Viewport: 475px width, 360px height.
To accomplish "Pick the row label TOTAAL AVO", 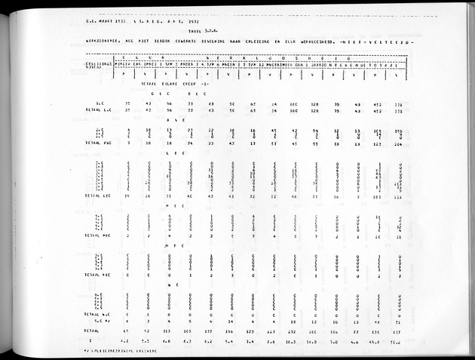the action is point(99,142).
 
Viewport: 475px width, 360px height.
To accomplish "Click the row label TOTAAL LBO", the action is point(99,196).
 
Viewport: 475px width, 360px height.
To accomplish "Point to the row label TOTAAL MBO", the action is point(99,235).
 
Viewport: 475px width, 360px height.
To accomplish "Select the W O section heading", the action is point(176,285).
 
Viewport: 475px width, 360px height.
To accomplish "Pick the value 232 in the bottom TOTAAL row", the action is point(293,331).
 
